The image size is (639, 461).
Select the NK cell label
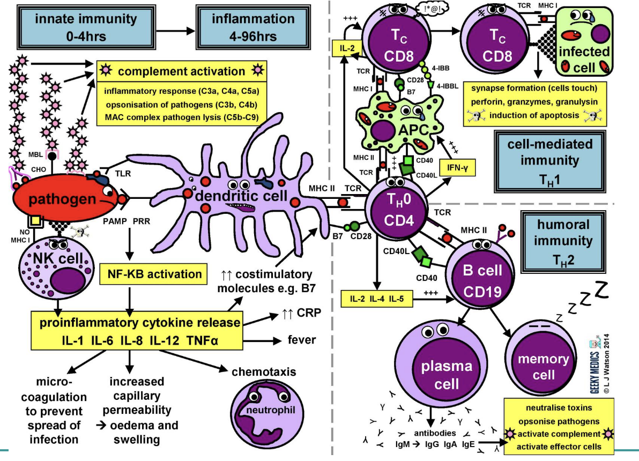click(x=50, y=259)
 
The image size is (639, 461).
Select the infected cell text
click(x=584, y=60)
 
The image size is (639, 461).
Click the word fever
click(x=301, y=340)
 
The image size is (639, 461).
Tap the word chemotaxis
click(x=265, y=372)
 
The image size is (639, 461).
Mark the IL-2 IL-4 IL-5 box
click(x=378, y=299)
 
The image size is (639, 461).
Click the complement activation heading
click(x=181, y=71)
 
